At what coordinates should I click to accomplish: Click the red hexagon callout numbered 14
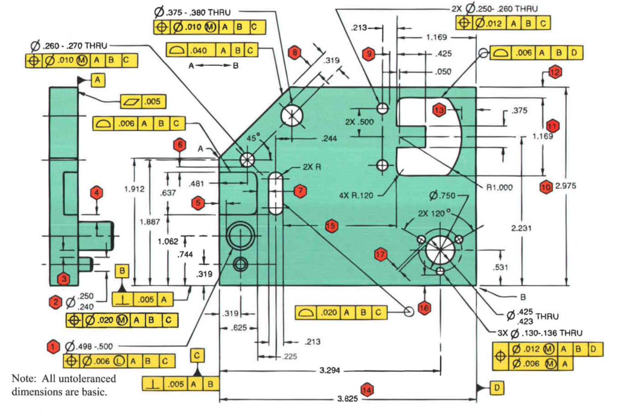(x=366, y=389)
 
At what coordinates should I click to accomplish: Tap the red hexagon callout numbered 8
(x=294, y=53)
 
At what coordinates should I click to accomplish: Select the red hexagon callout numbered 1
(x=53, y=346)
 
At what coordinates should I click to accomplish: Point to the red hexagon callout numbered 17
(x=380, y=254)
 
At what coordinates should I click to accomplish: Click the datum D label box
(x=496, y=387)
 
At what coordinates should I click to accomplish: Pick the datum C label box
(x=197, y=355)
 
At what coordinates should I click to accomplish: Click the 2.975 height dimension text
(x=564, y=186)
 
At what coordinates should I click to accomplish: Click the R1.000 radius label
(x=499, y=187)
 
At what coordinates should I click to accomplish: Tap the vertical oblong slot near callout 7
(x=276, y=194)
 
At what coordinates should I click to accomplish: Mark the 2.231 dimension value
(x=520, y=228)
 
